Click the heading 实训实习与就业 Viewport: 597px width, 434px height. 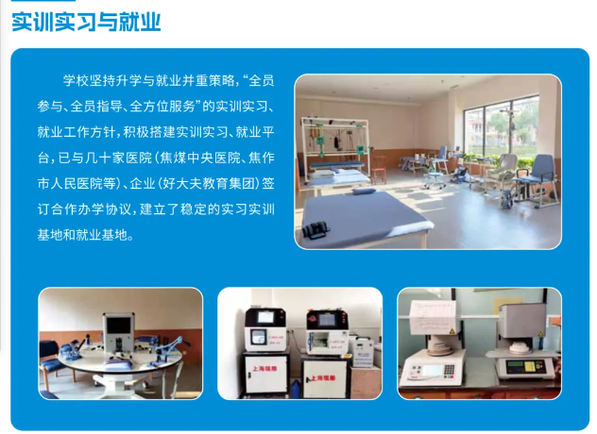(x=86, y=22)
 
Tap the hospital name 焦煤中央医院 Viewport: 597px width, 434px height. (x=200, y=158)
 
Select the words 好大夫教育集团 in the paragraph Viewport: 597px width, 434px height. (x=210, y=184)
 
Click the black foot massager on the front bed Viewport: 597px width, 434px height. (x=316, y=230)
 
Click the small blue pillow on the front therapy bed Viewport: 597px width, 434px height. (x=364, y=191)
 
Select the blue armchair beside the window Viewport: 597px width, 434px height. (x=539, y=178)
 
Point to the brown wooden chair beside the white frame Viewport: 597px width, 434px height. (x=379, y=170)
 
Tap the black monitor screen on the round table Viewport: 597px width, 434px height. (x=118, y=327)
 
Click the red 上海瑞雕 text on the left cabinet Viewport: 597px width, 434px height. (x=264, y=369)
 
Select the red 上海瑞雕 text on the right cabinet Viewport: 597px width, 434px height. (x=323, y=378)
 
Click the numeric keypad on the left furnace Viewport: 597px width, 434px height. (x=449, y=369)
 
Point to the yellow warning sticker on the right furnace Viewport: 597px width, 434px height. (x=539, y=334)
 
